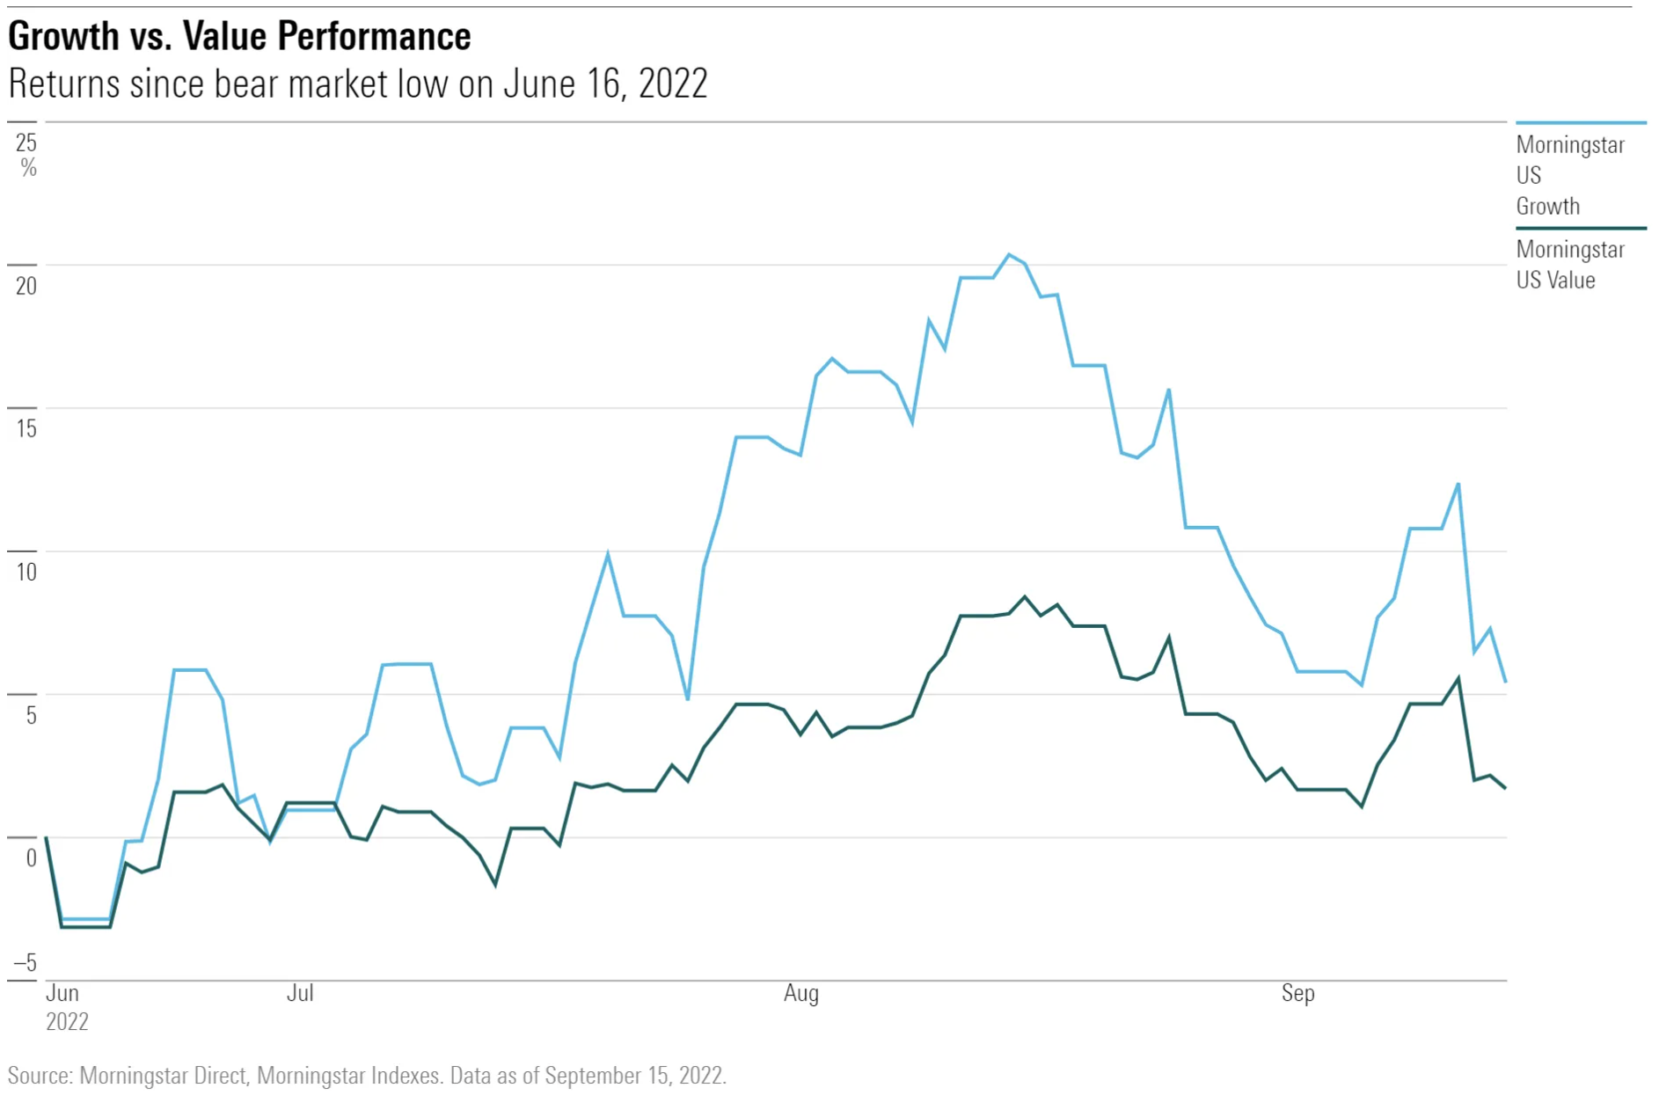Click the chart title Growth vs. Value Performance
tap(239, 37)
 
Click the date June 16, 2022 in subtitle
tap(605, 84)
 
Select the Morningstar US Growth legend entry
tap(1569, 175)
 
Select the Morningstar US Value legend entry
tap(1569, 265)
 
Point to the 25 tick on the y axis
tap(26, 142)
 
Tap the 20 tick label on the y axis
tap(26, 286)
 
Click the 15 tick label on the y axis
tap(26, 429)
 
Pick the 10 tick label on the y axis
tap(26, 573)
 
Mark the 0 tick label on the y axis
tap(31, 858)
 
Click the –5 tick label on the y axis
tap(25, 963)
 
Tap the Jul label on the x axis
tap(300, 993)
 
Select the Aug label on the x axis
tap(800, 993)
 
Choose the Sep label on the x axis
tap(1297, 993)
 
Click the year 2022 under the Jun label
tap(67, 1022)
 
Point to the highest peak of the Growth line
tap(1009, 255)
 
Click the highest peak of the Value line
tap(1025, 597)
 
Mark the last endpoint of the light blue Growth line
tap(1506, 682)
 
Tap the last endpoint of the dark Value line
tap(1506, 788)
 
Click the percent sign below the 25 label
tap(28, 168)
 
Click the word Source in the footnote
tap(39, 1076)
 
